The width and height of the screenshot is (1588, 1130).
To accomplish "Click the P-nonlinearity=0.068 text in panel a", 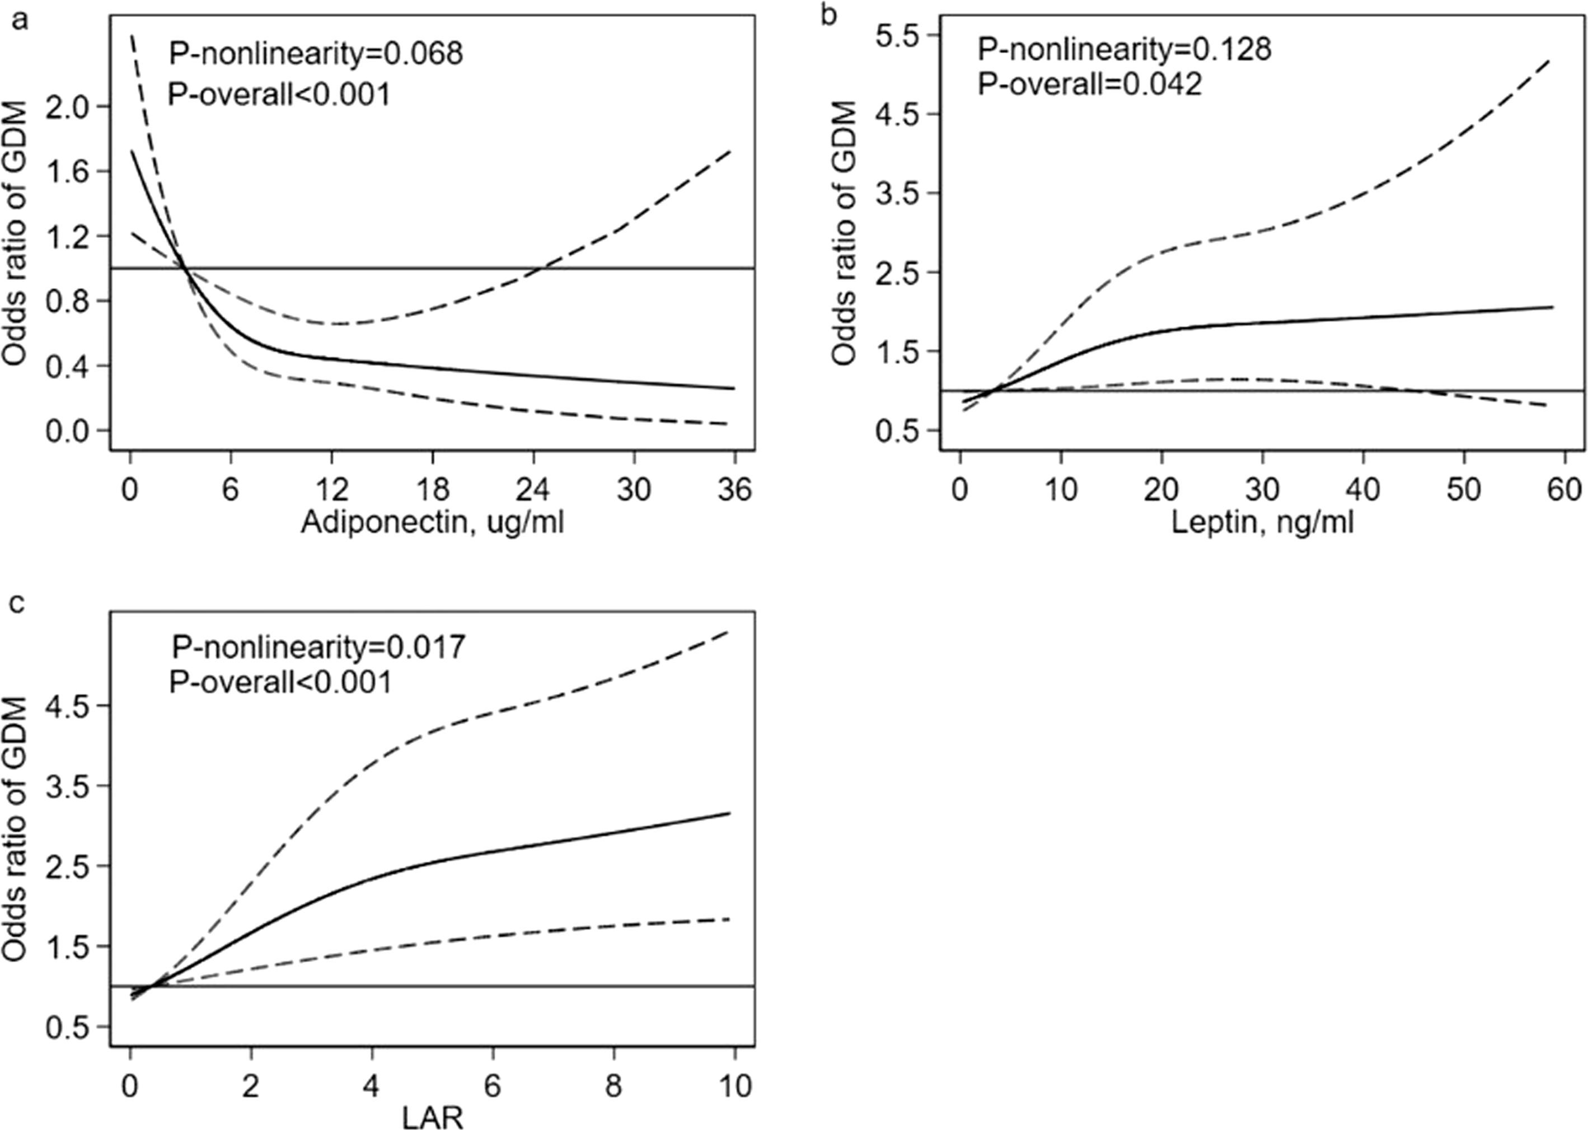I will [x=316, y=54].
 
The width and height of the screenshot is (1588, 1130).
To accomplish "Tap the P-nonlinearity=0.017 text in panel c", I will [x=318, y=647].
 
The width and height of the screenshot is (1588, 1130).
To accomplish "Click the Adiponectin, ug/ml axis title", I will [x=432, y=522].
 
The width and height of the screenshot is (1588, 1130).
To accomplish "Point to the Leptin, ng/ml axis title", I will [x=1262, y=522].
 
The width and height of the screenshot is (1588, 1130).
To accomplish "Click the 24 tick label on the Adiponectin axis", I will [x=533, y=490].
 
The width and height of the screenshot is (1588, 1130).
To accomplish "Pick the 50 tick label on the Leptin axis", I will [x=1463, y=490].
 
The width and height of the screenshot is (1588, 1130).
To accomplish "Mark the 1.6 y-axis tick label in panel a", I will [x=69, y=171].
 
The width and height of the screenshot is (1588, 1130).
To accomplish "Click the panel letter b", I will [x=829, y=15].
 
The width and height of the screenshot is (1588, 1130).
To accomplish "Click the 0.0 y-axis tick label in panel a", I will [x=69, y=431].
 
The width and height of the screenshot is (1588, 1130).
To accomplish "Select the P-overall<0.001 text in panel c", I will [x=280, y=682].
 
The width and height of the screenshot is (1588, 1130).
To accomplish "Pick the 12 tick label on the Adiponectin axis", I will [x=332, y=490].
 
